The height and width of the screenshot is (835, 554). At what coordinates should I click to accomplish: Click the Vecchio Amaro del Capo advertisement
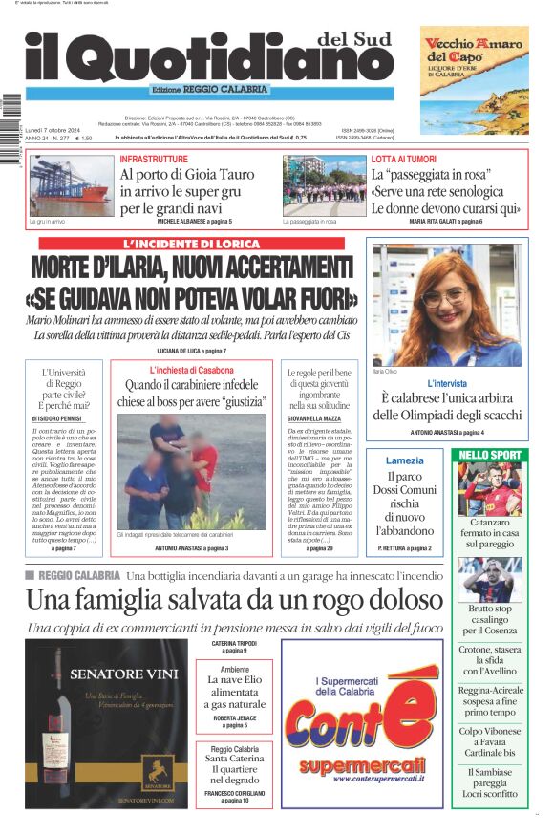tap(474, 79)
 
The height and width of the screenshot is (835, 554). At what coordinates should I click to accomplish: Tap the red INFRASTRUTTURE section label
tap(154, 159)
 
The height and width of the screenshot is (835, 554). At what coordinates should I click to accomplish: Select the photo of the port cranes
tap(71, 186)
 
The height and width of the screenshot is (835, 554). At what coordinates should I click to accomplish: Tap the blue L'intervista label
tap(447, 383)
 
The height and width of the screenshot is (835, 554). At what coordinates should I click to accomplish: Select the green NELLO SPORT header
tap(490, 454)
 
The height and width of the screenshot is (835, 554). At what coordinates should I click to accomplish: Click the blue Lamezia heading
tap(405, 460)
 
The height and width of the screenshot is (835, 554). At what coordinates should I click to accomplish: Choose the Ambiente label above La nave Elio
tap(234, 670)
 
